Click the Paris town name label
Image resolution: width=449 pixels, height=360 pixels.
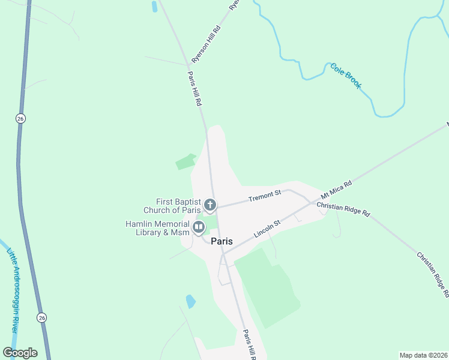[x=221, y=241]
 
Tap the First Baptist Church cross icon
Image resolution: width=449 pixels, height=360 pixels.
[x=210, y=205]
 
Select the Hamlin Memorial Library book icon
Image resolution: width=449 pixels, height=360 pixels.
[x=198, y=227]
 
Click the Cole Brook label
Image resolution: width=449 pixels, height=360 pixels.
[x=346, y=76]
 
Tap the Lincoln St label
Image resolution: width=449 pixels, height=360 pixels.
[x=267, y=229]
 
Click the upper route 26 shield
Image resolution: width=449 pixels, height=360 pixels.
[x=20, y=118]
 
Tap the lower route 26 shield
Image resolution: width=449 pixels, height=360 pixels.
[x=41, y=317]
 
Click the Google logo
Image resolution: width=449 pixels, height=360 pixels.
[x=20, y=353]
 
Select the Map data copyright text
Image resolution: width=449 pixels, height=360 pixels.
[x=423, y=355]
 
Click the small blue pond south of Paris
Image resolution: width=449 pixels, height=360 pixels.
[x=191, y=301]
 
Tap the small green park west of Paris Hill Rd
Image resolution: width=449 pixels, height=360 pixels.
[x=185, y=161]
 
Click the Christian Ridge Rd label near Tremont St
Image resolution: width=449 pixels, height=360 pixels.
[x=343, y=209]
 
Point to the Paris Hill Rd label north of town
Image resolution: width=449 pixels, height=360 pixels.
[x=194, y=89]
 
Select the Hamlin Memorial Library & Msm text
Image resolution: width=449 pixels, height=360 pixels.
[x=157, y=228]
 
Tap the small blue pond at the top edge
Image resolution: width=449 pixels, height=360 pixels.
[x=155, y=7]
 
